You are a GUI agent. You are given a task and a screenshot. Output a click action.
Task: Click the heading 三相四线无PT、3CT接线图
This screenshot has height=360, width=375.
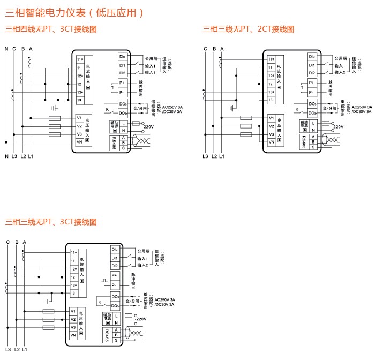coord(51,29)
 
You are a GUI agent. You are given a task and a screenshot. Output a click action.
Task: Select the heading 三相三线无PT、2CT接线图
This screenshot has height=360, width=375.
coord(249,29)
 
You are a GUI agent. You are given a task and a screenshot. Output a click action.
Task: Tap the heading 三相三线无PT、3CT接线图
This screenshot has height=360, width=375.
coord(51,221)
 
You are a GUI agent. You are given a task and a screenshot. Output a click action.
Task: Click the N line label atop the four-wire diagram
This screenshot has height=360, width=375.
coord(6,49)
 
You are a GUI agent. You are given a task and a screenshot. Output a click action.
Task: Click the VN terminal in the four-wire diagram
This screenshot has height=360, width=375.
coord(79,142)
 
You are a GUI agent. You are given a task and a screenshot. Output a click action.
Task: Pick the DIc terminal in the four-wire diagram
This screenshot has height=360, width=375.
coord(122,56)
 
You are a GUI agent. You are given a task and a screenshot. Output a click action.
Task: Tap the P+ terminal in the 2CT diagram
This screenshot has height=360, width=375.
coord(312,83)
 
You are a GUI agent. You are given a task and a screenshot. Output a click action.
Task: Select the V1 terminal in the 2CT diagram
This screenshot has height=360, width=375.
coord(271,118)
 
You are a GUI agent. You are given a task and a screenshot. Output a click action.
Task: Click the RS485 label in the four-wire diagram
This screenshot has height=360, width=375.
coord(114,142)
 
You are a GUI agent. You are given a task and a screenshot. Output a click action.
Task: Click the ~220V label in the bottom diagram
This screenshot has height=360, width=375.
coord(140,319)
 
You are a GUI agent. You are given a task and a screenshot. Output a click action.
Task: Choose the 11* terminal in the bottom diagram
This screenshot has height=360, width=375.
coord(73,252)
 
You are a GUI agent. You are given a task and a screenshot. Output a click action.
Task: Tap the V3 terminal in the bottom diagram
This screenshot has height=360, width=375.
coord(73,327)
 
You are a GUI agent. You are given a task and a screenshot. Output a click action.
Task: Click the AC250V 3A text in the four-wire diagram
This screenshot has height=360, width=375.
coord(172,107)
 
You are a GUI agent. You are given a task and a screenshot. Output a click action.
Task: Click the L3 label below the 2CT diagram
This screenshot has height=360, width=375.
coord(205,156)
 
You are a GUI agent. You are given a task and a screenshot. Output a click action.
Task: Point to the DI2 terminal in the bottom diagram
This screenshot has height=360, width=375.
coord(115,266)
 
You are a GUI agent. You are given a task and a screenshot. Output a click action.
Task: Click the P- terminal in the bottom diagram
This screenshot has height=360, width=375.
coord(115,284)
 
